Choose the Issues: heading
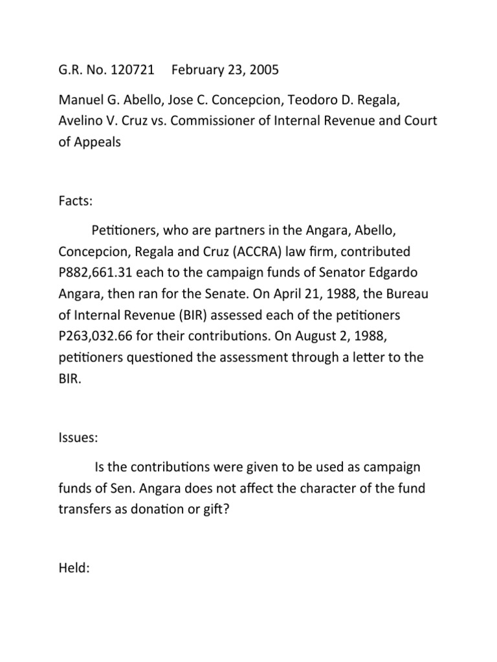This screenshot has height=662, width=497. [78, 438]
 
